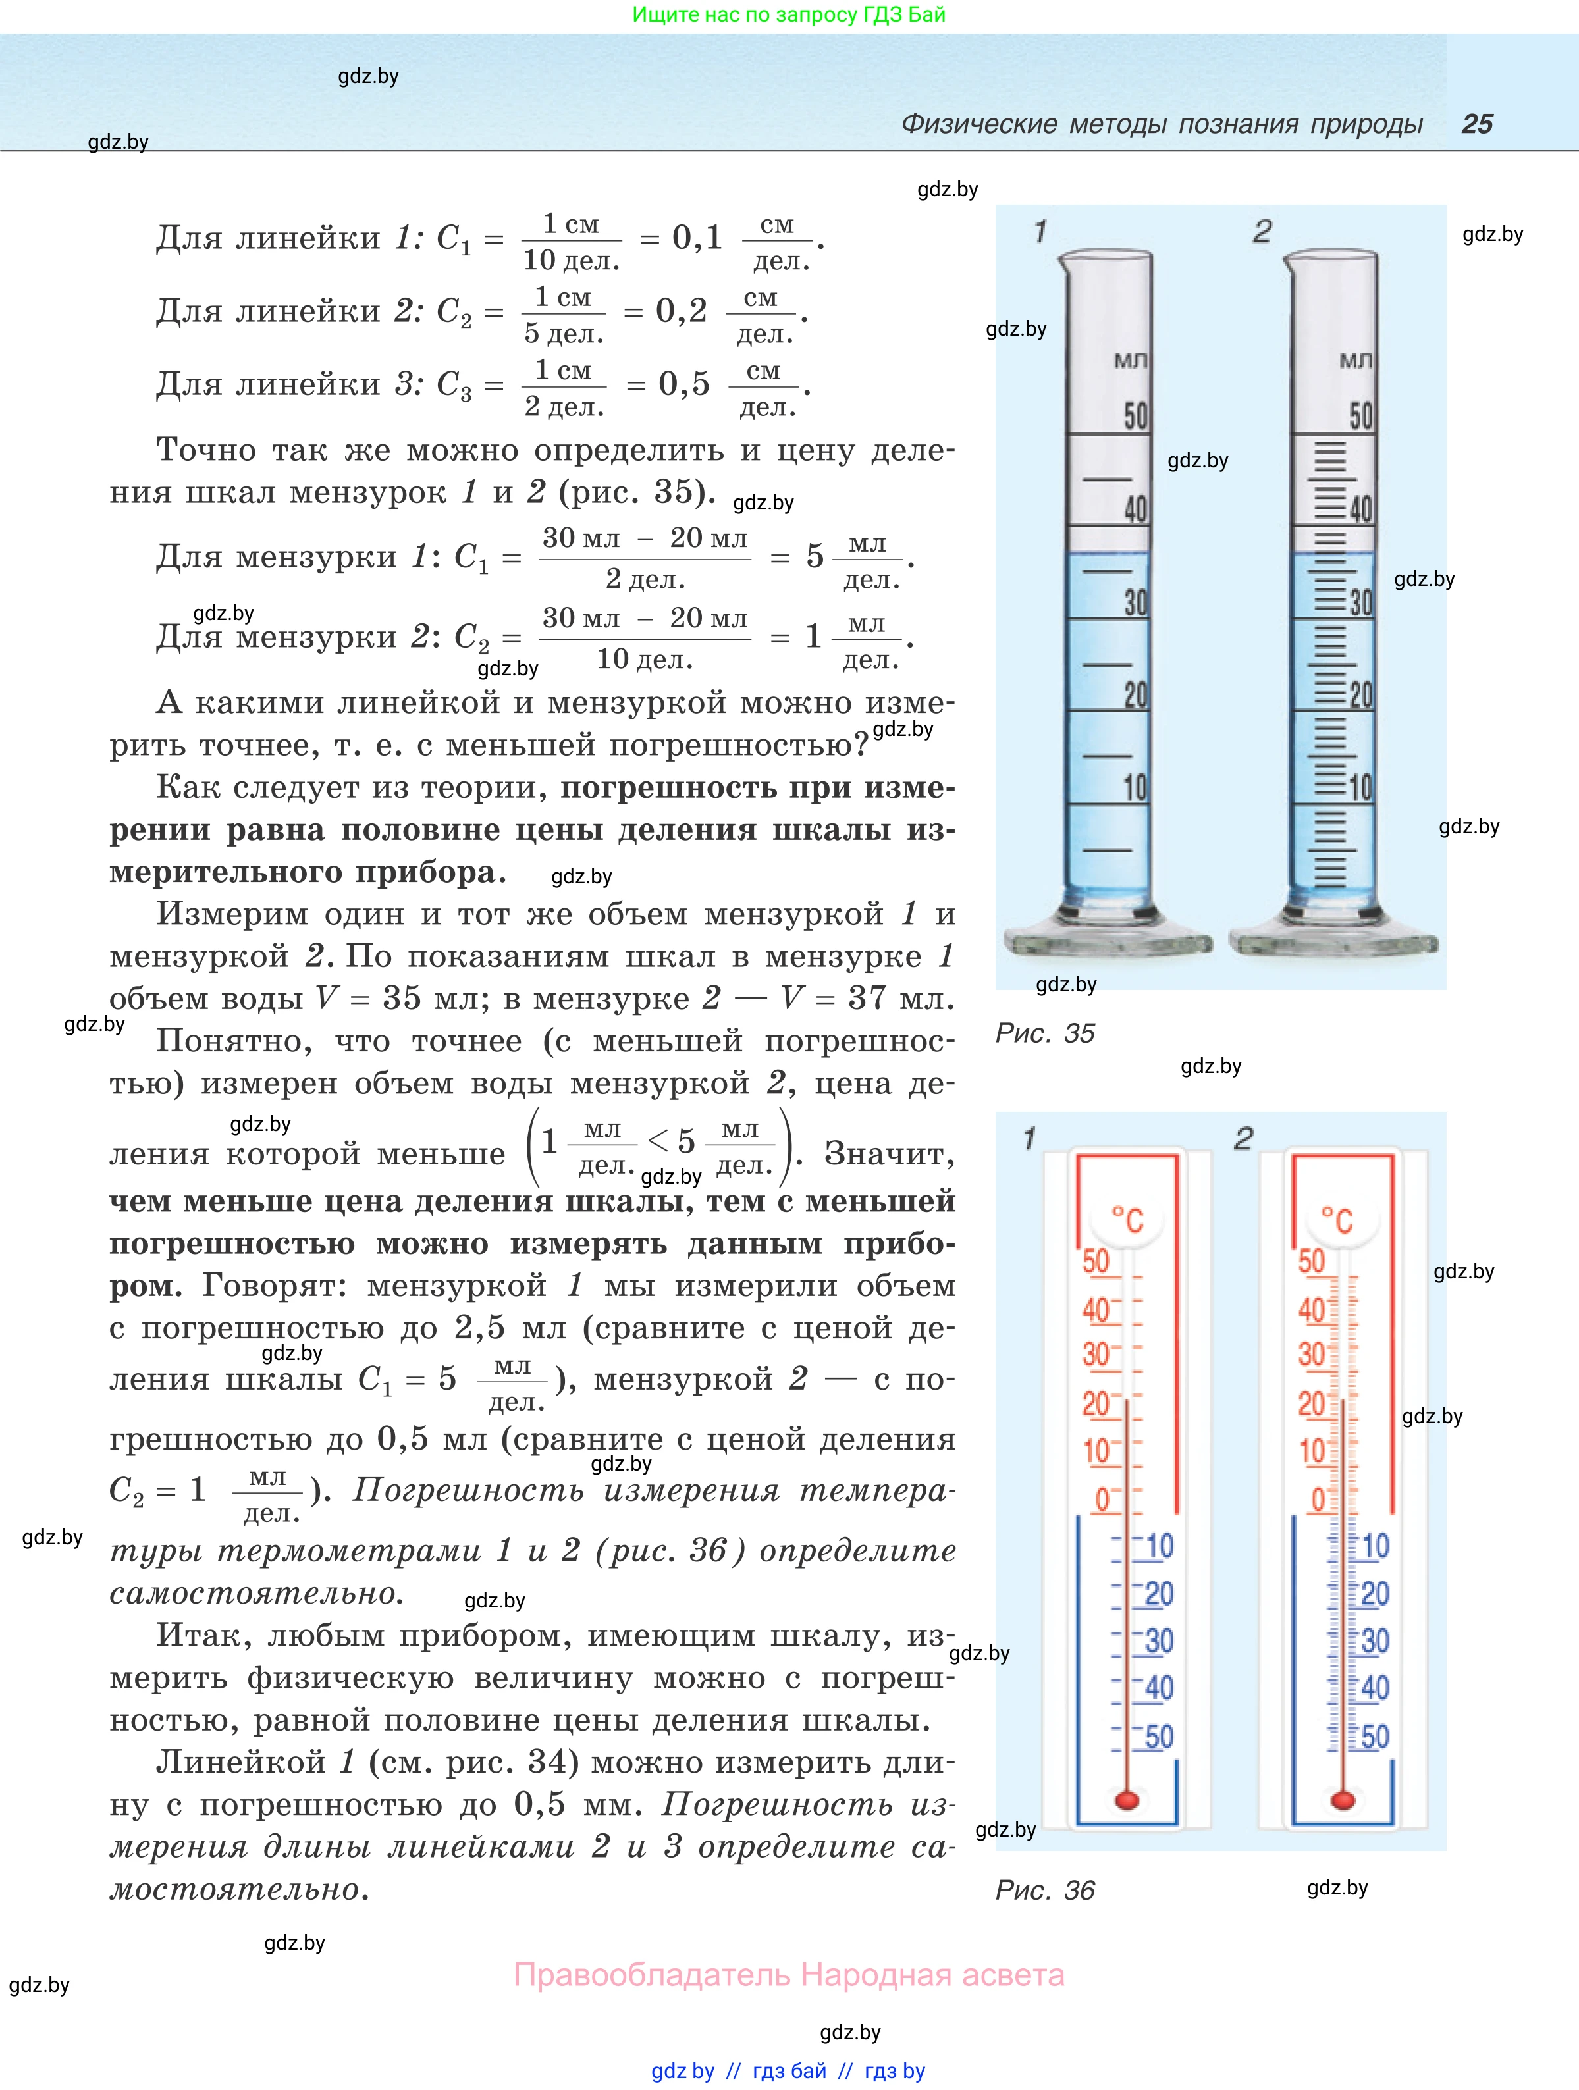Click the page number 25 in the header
(1477, 124)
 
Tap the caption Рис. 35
(1044, 1033)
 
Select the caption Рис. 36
(1044, 1890)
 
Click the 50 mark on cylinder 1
(1135, 416)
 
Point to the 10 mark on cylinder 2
(1360, 787)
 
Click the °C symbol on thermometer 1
(1127, 1219)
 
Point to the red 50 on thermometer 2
(1312, 1261)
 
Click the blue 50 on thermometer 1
(1158, 1737)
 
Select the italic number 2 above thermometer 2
(1243, 1139)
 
